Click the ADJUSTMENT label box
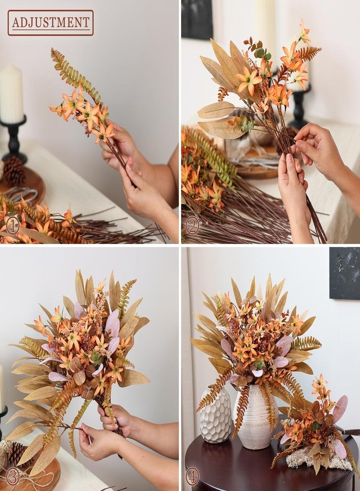(x=50, y=22)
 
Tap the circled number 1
(x=13, y=225)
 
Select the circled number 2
(x=192, y=225)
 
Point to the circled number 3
(x=13, y=477)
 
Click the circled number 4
(x=192, y=477)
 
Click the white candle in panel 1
(x=11, y=94)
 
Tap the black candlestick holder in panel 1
(x=13, y=139)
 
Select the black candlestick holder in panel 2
(x=298, y=106)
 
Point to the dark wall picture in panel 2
(x=197, y=20)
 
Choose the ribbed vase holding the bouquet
(x=255, y=418)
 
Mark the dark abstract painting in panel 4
(x=344, y=273)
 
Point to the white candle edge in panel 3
(x=2, y=388)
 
